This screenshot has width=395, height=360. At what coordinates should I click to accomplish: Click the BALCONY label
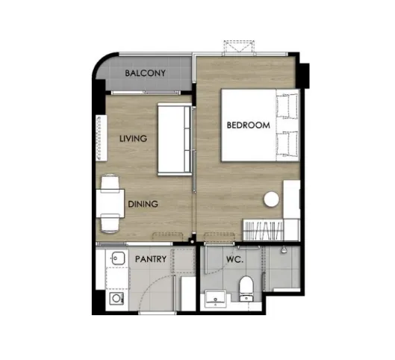(146, 73)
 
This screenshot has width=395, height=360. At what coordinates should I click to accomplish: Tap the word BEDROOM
(249, 125)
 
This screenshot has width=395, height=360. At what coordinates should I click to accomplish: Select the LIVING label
(133, 139)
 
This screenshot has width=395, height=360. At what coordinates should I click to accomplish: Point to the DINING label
(143, 204)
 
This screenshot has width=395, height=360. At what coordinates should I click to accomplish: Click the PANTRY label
(151, 259)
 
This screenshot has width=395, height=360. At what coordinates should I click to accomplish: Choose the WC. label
(234, 259)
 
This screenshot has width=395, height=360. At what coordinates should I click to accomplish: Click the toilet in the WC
(246, 289)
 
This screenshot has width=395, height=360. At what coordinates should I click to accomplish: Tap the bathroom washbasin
(215, 299)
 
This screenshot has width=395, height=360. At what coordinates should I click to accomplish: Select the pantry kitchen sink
(118, 258)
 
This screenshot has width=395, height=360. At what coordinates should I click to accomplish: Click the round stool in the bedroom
(272, 199)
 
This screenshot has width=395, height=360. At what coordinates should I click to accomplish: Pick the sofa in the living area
(174, 139)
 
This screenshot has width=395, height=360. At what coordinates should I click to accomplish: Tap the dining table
(111, 203)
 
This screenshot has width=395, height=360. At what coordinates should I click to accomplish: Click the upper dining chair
(110, 183)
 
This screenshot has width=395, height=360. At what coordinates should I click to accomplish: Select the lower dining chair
(110, 223)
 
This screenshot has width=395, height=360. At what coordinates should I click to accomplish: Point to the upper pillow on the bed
(287, 106)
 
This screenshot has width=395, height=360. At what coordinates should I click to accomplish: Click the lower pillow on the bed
(287, 144)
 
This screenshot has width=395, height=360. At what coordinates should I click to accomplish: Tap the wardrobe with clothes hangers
(263, 230)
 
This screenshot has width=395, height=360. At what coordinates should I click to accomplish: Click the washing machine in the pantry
(116, 299)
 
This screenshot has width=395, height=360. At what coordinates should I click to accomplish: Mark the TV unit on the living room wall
(102, 138)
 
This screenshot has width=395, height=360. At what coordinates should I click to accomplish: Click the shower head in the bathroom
(284, 249)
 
